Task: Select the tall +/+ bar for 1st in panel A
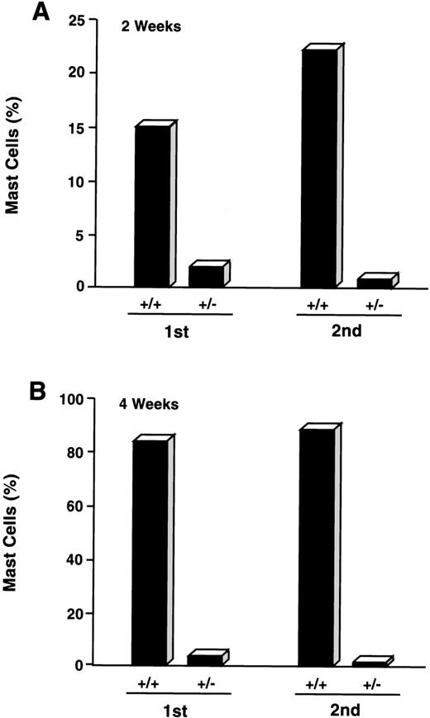152,207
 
